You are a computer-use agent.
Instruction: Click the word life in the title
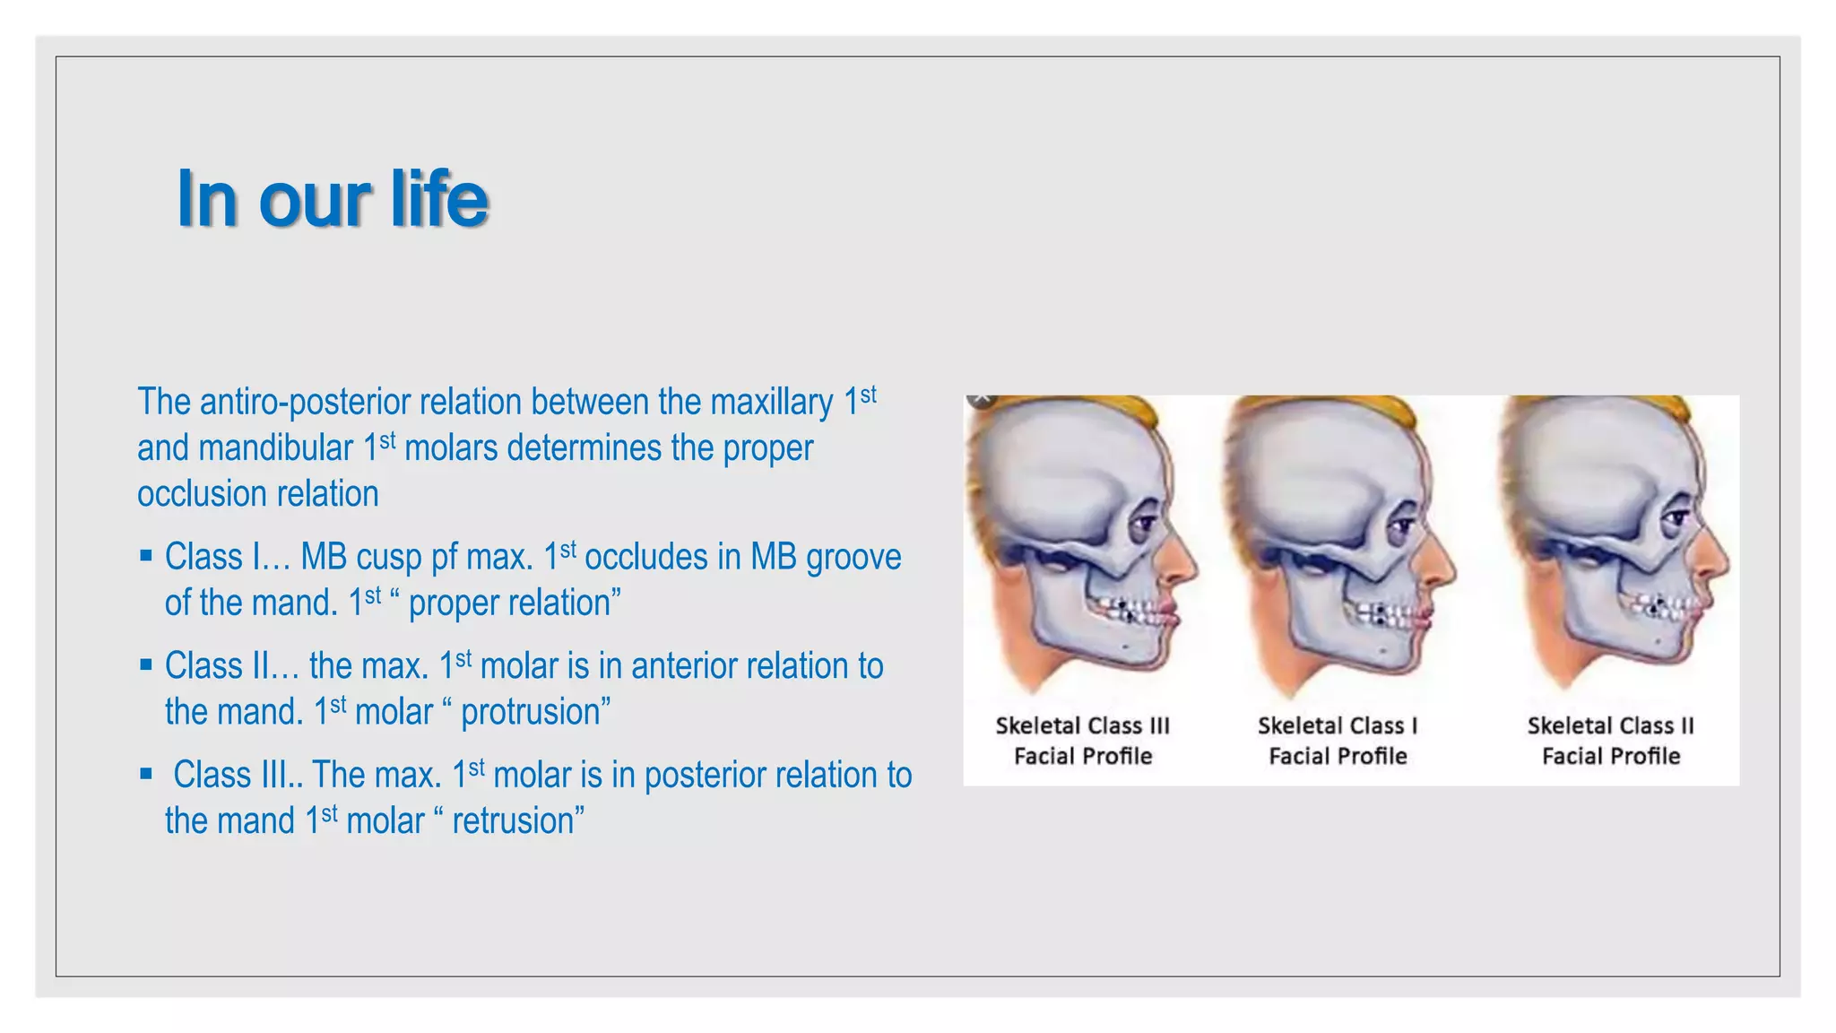439,199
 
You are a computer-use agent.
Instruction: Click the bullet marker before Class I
146,556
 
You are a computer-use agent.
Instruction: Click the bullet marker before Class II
146,665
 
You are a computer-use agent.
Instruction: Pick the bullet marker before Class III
146,774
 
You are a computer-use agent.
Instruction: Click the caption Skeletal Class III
1082,726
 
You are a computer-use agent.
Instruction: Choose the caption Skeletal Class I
1337,726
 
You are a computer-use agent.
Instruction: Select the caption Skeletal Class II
1610,726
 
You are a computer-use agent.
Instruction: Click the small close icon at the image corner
981,398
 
